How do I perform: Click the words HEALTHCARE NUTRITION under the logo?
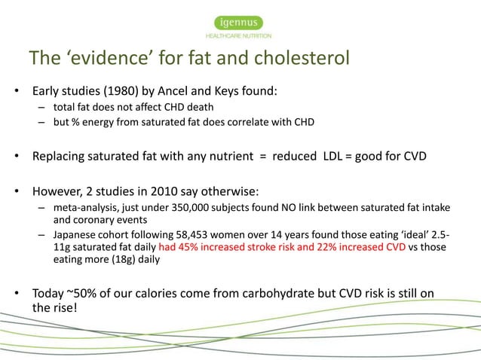(240, 35)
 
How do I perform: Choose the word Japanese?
(77, 236)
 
